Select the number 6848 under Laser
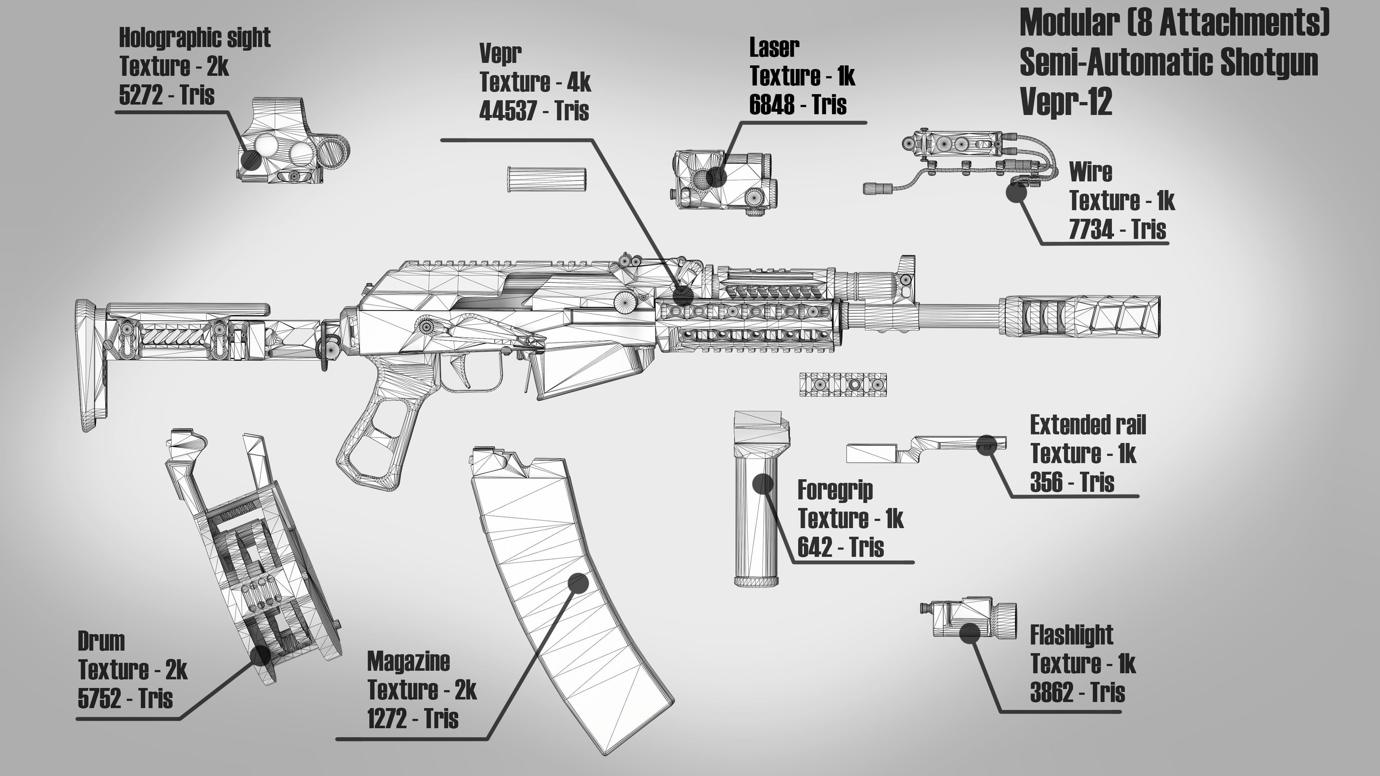pyautogui.click(x=772, y=105)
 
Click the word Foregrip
pyautogui.click(x=834, y=490)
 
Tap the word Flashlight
pyautogui.click(x=1071, y=635)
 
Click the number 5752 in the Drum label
pyautogui.click(x=100, y=698)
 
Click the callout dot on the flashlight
pyautogui.click(x=970, y=633)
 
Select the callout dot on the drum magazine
pyautogui.click(x=260, y=655)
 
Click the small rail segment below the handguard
pyautogui.click(x=843, y=384)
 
